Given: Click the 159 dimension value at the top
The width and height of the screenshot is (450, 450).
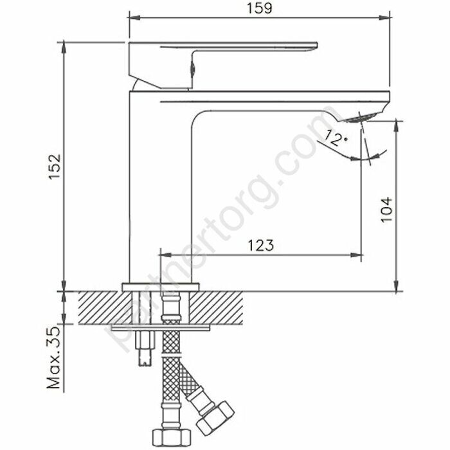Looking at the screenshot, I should point(260,8).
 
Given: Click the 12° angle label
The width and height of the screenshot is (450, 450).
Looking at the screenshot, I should point(337,137).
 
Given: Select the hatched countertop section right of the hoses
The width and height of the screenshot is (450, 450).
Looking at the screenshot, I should point(219,307).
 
